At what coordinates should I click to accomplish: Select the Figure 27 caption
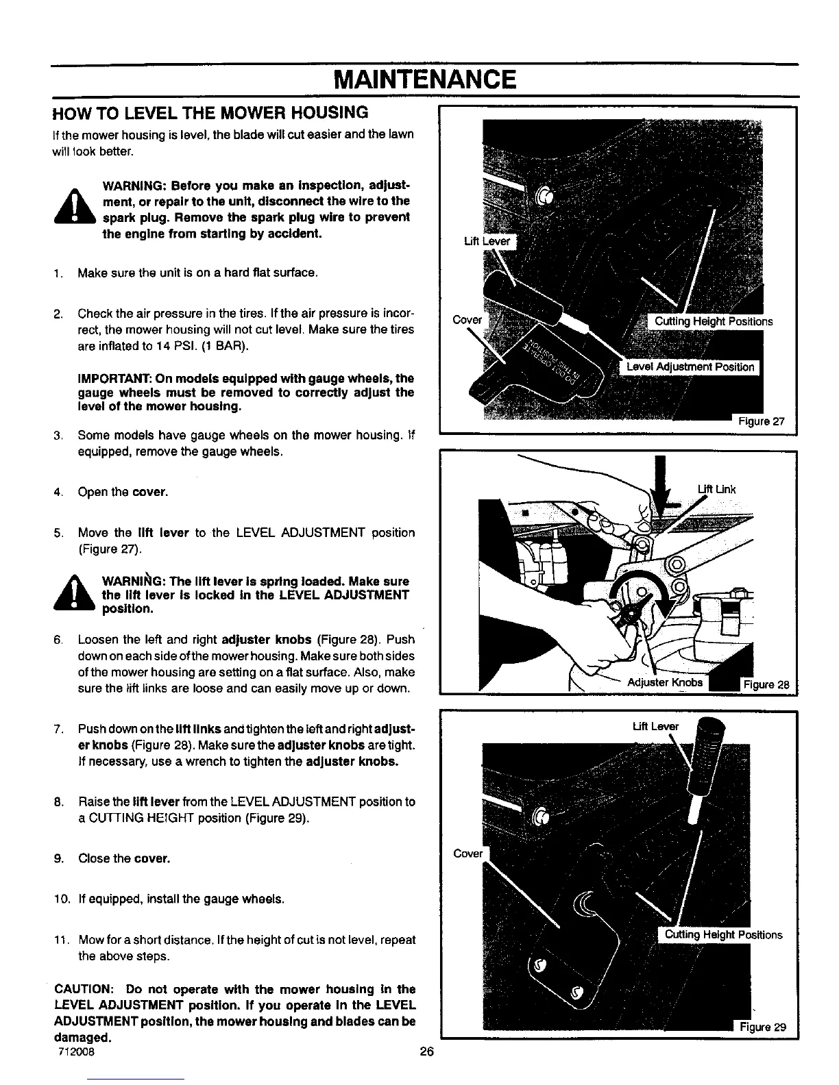761,421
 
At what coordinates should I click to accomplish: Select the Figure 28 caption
766,684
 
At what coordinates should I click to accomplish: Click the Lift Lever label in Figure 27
487,241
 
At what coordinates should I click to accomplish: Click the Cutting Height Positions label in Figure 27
714,321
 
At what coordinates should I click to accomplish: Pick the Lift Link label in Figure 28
716,488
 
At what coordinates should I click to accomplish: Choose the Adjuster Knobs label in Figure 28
665,682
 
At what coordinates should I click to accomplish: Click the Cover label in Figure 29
468,853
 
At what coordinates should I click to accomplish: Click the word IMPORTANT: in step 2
114,378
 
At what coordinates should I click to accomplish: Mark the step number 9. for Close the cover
62,858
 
